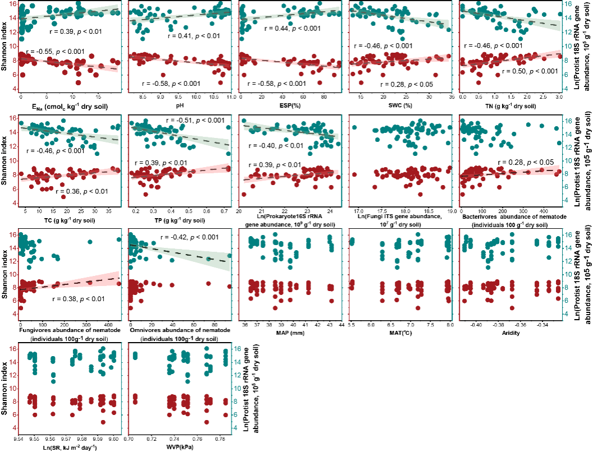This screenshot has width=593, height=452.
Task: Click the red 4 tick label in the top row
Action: tap(13, 90)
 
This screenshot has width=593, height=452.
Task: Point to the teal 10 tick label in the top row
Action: tap(568, 47)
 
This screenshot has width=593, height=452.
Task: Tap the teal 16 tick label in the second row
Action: tap(568, 121)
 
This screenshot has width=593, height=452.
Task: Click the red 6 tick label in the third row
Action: tap(13, 301)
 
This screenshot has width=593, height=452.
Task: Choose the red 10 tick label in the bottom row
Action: tap(13, 388)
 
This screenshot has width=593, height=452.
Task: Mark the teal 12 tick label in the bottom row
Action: tap(238, 375)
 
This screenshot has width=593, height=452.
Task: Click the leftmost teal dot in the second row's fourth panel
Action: tap(354, 127)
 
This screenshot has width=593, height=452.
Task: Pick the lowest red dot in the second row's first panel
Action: tap(63, 197)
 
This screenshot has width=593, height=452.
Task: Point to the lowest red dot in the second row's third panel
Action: tap(244, 194)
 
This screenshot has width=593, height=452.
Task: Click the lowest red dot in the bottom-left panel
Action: tap(103, 422)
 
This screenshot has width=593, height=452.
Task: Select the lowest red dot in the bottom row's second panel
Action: tap(207, 422)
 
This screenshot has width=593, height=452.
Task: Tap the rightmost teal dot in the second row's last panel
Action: tap(559, 143)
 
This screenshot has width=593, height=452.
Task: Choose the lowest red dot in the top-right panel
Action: tap(478, 82)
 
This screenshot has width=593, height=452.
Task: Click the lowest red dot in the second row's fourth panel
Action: tap(421, 194)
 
